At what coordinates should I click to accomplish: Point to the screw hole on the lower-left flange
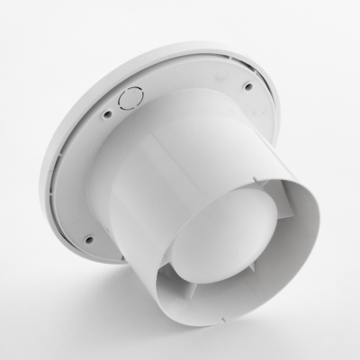click(88, 239)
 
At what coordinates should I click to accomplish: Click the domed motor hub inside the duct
click(243, 238)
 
